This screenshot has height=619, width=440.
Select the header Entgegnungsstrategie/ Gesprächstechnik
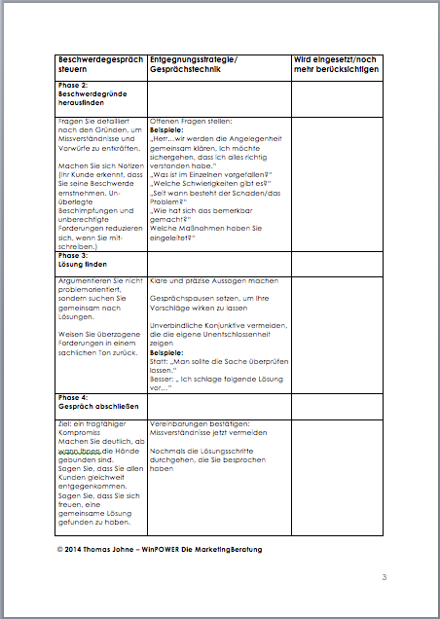tap(199, 65)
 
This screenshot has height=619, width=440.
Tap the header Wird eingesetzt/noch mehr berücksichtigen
tap(337, 65)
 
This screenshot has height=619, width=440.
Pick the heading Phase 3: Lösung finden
tap(82, 260)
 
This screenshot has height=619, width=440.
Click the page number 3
tap(384, 579)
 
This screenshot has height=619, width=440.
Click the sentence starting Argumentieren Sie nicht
tap(98, 280)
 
